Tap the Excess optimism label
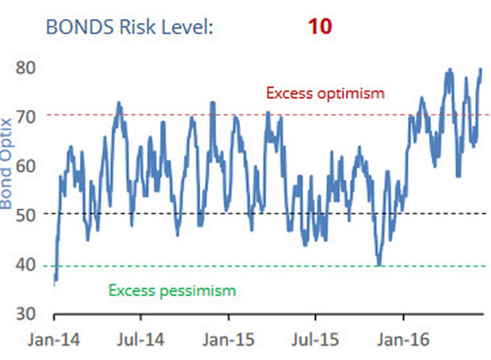pos(325,93)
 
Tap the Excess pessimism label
pos(172,290)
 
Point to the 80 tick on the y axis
pos(25,68)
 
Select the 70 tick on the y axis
pos(25,118)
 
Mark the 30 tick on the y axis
pos(25,314)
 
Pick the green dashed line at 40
pos(238,267)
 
